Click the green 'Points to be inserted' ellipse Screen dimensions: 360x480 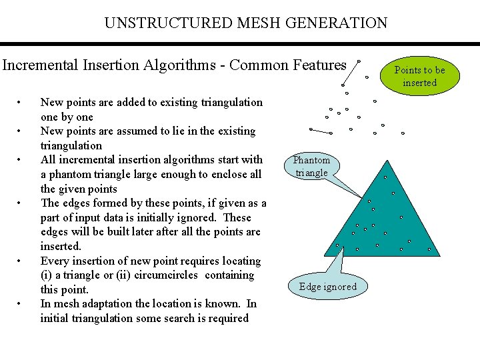[419, 76]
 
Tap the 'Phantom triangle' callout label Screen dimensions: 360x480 [311, 166]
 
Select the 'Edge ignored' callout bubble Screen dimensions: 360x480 [327, 287]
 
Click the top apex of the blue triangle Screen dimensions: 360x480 [386, 161]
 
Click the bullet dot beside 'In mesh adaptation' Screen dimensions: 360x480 [21, 304]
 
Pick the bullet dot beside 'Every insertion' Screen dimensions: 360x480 [21, 261]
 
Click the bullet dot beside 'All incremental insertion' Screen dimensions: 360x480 [21, 160]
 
